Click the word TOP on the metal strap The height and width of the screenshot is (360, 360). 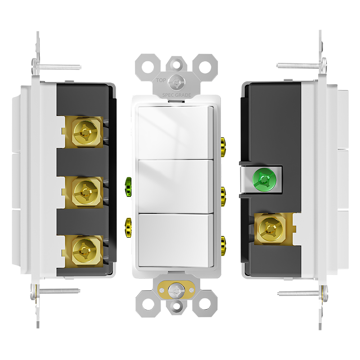point(161,81)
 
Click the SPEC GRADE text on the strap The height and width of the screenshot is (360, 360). point(176,95)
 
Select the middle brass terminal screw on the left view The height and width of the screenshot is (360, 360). point(86,192)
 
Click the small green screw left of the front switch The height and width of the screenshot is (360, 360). point(128,187)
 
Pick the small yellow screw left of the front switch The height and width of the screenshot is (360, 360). point(128,228)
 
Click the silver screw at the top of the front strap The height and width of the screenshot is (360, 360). point(176,82)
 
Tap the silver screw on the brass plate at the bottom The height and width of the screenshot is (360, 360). point(176,290)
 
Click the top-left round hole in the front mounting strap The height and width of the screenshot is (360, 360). point(148,67)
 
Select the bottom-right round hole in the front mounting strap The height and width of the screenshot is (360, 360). point(205,304)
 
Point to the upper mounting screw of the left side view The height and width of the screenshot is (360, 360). point(57,67)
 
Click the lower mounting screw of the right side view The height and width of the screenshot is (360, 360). point(302,293)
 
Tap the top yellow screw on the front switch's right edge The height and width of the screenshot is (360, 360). point(223,147)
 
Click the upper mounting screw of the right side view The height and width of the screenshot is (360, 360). point(301,65)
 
